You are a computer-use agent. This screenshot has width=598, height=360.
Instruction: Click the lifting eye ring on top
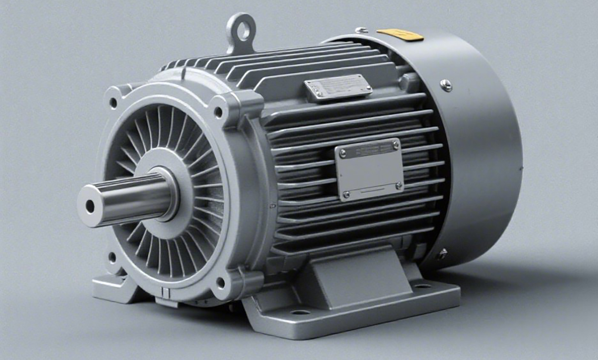(x=242, y=29)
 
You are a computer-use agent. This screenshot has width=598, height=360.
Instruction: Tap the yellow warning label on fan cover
(x=400, y=35)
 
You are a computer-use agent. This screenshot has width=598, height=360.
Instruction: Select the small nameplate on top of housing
(x=338, y=87)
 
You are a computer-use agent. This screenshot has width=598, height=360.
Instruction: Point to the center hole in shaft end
(x=90, y=206)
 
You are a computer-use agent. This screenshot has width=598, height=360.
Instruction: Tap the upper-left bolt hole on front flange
(x=113, y=102)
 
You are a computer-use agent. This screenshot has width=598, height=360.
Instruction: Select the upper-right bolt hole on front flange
(x=219, y=113)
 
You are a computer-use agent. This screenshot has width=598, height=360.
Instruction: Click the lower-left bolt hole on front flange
(x=112, y=257)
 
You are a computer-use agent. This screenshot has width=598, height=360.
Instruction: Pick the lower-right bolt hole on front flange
(x=220, y=282)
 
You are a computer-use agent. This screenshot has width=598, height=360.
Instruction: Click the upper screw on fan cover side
(x=446, y=85)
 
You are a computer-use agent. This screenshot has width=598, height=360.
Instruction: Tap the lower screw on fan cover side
(x=442, y=254)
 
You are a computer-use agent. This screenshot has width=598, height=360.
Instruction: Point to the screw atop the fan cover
(x=361, y=30)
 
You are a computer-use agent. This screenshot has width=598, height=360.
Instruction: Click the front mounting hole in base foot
(x=300, y=312)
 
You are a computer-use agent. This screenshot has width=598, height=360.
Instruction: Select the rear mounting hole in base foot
(x=422, y=286)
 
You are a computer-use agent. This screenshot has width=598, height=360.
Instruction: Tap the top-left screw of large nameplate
(x=343, y=153)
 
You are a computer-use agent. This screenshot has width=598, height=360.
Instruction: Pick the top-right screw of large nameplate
(x=395, y=144)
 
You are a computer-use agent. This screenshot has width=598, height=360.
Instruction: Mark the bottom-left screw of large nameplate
(x=346, y=194)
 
